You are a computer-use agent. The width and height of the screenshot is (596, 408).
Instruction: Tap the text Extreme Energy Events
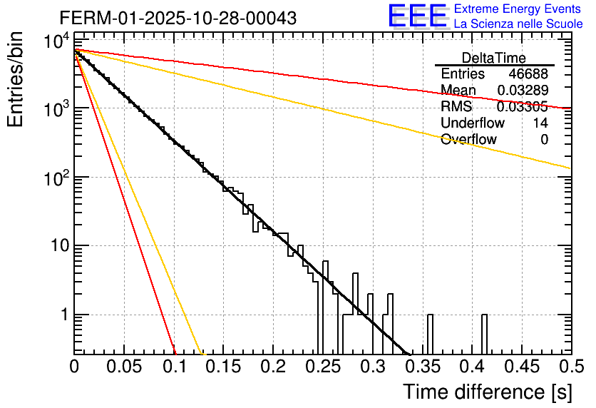(518, 9)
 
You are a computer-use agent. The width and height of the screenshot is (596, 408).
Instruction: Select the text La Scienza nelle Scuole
(518, 24)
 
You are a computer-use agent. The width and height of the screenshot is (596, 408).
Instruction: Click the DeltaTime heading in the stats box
(494, 58)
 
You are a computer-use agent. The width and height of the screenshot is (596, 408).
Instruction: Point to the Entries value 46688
(528, 74)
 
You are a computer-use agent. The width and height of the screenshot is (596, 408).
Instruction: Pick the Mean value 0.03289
(522, 91)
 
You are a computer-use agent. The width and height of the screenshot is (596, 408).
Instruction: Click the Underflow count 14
(540, 123)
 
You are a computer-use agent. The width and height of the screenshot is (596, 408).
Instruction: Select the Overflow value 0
(544, 140)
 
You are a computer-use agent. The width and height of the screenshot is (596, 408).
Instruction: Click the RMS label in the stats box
(456, 107)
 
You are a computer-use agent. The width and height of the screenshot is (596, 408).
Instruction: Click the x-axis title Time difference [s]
(487, 392)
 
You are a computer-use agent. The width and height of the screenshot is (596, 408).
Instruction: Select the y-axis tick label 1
(63, 315)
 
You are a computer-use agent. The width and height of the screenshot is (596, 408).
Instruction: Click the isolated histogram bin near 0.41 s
(484, 334)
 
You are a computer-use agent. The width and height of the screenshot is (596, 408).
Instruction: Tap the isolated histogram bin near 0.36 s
(430, 334)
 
